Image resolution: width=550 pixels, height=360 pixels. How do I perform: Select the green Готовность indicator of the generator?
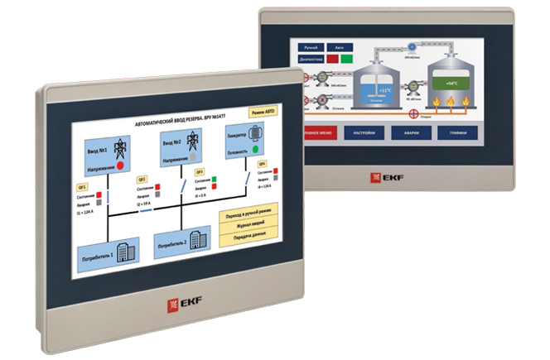tap(256, 149)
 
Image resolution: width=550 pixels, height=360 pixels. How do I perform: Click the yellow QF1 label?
tap(81, 187)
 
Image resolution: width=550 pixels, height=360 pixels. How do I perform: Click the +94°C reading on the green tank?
tap(451, 84)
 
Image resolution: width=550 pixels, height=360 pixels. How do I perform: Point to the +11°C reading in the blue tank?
tap(384, 89)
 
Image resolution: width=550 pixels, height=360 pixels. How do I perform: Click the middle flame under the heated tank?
tap(452, 103)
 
